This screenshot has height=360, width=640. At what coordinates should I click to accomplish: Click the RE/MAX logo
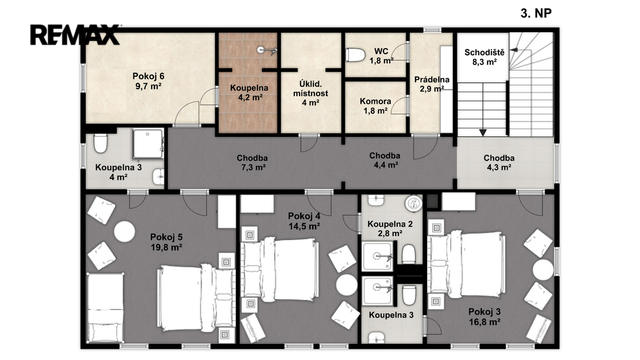pyautogui.click(x=75, y=35)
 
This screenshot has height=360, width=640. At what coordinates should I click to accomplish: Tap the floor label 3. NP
pyautogui.click(x=536, y=13)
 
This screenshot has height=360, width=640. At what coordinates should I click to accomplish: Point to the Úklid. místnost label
pyautogui.click(x=310, y=93)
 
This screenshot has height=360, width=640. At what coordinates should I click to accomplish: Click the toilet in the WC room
pyautogui.click(x=355, y=55)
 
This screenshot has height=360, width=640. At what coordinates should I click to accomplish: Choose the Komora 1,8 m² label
pyautogui.click(x=375, y=106)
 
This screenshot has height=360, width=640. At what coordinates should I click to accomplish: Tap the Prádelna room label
pyautogui.click(x=431, y=84)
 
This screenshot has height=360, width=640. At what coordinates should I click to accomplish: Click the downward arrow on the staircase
pyautogui.click(x=483, y=109)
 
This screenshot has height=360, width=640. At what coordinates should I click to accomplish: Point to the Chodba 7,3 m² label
pyautogui.click(x=253, y=162)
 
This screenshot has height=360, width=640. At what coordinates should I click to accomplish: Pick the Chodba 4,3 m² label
pyautogui.click(x=499, y=162)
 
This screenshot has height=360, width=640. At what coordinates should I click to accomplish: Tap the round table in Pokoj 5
pyautogui.click(x=124, y=231)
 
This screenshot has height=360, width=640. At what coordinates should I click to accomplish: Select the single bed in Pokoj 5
pyautogui.click(x=106, y=308)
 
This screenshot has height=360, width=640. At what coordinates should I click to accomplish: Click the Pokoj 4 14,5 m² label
pyautogui.click(x=304, y=221)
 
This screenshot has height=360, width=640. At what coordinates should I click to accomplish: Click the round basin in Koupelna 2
pyautogui.click(x=413, y=203)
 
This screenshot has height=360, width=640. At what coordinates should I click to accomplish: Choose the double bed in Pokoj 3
pyautogui.click(x=465, y=264)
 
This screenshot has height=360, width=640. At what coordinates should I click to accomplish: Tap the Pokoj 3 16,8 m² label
pyautogui.click(x=484, y=317)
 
